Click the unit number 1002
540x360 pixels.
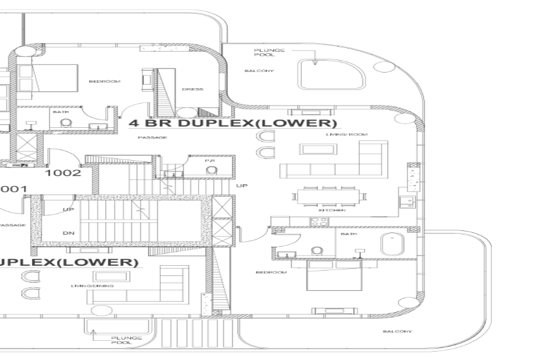tap(63, 173)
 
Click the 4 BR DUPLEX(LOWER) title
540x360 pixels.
tap(233, 124)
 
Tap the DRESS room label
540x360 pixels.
tap(192, 89)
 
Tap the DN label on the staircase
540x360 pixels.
tap(68, 233)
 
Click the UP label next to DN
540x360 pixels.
tap(68, 209)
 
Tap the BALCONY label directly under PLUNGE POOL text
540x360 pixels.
tap(259, 71)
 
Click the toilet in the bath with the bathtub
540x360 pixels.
tap(316, 251)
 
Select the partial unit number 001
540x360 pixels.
tap(13, 189)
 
